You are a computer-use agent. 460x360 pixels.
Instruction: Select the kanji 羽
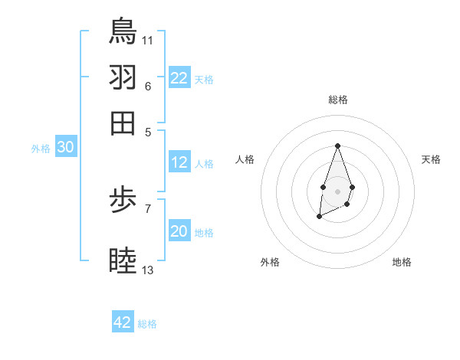pos(123,77)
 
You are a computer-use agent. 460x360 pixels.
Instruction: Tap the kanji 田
pos(123,122)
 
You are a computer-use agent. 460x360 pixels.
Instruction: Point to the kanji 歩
pos(123,204)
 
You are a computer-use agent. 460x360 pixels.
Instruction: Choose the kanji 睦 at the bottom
pos(123,260)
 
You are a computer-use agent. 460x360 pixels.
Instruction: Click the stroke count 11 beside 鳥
pos(148,39)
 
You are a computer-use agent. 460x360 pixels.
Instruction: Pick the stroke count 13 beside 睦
pos(148,270)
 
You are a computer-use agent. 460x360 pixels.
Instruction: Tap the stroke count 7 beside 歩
pos(148,208)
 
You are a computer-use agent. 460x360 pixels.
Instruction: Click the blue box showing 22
pos(179,78)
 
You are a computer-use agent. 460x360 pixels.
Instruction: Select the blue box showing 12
pos(179,162)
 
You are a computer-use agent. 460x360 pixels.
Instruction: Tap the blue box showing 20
pos(179,231)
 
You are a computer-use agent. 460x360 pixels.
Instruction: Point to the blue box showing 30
pos(65,148)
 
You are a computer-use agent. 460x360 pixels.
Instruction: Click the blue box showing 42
pos(123,322)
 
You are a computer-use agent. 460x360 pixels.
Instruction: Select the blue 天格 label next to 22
pos(204,80)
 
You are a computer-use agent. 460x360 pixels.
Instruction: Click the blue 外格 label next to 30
pos(41,149)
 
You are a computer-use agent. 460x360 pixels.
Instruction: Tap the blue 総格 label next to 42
pos(147,324)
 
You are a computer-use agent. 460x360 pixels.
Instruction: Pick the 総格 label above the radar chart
pos(338,100)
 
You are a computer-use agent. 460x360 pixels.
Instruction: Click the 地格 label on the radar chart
pos(402,262)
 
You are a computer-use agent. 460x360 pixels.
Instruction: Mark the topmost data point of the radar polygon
pos(337,146)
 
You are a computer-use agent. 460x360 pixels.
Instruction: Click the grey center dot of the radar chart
pos(337,190)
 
